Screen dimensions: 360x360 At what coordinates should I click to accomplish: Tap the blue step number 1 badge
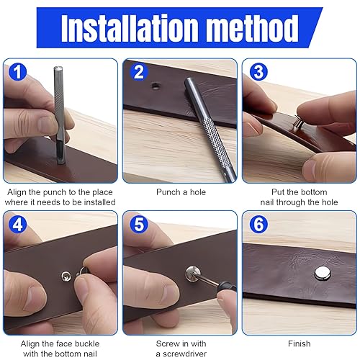tap(17, 72)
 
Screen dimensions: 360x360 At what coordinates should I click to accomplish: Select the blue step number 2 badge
tap(138, 72)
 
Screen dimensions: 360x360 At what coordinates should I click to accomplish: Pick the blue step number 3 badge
tap(258, 72)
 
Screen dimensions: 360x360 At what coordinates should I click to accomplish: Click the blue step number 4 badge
tap(17, 225)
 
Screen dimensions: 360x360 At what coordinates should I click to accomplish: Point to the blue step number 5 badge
tap(139, 225)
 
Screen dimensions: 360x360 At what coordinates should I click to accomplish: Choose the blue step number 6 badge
tap(258, 225)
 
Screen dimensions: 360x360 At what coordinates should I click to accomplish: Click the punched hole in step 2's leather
tap(156, 86)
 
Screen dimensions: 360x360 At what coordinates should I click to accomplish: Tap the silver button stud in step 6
tap(323, 273)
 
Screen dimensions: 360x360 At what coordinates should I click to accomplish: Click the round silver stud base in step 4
tap(66, 276)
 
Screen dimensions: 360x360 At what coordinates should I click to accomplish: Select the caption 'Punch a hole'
tap(181, 192)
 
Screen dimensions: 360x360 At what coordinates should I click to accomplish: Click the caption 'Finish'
tap(299, 343)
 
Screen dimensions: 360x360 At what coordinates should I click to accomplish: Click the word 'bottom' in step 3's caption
tap(314, 192)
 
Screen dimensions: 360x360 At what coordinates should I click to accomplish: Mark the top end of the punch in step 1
tap(58, 68)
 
